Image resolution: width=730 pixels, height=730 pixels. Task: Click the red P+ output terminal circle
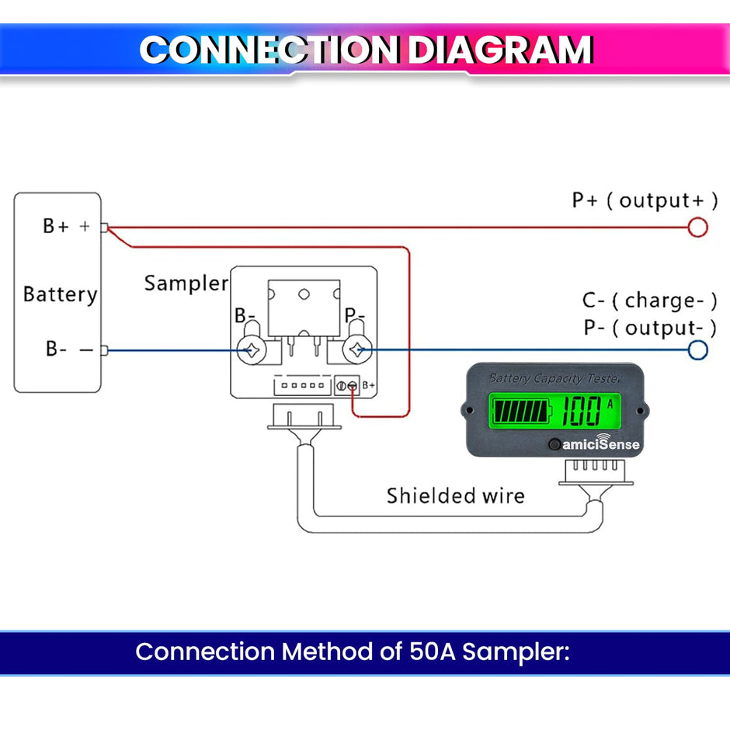click(698, 227)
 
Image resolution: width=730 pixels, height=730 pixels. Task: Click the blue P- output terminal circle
click(698, 349)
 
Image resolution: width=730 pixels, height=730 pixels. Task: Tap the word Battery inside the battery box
click(60, 294)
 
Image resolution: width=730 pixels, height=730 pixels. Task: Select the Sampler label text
click(186, 283)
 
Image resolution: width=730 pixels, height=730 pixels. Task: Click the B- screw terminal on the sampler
click(252, 350)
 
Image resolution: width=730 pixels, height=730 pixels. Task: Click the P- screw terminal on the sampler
click(356, 350)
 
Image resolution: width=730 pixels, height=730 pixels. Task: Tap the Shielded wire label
click(455, 495)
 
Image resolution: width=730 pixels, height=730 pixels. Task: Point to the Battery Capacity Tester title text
click(554, 378)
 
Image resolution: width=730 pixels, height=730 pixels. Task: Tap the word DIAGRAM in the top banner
click(499, 50)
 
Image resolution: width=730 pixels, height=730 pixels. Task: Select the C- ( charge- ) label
click(649, 301)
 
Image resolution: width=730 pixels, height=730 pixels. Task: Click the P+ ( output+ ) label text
click(645, 200)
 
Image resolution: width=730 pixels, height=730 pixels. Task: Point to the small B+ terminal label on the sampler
click(369, 386)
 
